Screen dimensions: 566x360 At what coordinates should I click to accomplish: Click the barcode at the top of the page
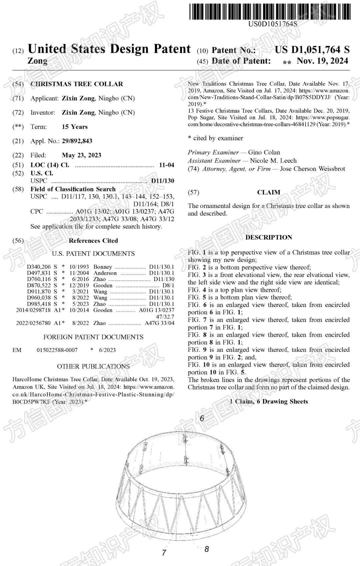point(270,12)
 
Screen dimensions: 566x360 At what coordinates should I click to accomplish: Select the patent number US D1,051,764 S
point(312,50)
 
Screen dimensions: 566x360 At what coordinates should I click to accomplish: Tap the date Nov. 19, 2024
point(322,61)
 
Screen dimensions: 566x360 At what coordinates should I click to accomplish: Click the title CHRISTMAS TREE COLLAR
point(77,84)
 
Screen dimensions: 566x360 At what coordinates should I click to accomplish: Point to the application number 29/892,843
point(77,141)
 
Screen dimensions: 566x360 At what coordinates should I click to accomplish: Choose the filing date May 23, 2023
point(81,155)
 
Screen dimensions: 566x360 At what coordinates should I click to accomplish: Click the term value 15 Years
point(75,127)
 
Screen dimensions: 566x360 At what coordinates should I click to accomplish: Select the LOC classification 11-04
point(166,165)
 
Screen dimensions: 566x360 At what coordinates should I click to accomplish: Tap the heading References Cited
point(93,241)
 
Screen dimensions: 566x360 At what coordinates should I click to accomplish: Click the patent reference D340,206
point(39,267)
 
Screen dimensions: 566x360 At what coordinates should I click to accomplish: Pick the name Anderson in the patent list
point(105,273)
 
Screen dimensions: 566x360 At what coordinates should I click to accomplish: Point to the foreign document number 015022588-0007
point(57,350)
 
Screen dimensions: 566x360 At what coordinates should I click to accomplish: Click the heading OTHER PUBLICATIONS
point(93,366)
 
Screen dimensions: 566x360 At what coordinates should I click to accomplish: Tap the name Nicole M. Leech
point(273,161)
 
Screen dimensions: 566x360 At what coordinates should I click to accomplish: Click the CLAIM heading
point(268,192)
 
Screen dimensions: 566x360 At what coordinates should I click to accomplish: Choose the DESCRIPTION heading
point(269,237)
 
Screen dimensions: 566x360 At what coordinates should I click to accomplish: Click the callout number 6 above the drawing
point(202,418)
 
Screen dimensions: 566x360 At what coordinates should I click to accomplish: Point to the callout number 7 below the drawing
point(164,552)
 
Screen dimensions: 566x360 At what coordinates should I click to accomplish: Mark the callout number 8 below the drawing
point(207,549)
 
